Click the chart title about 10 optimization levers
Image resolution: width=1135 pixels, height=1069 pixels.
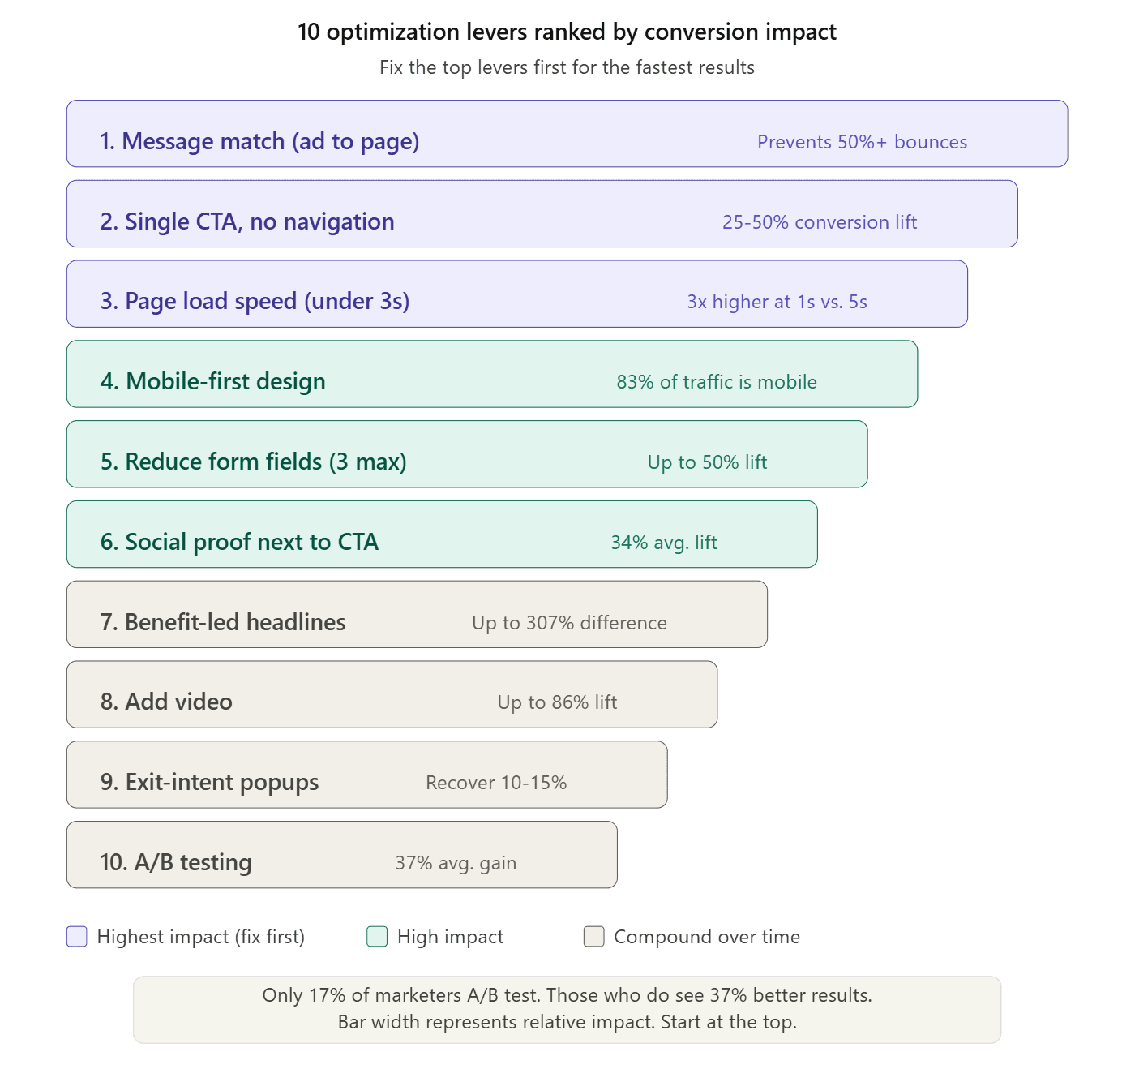pos(567,32)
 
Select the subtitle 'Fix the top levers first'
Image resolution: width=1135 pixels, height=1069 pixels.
pos(567,67)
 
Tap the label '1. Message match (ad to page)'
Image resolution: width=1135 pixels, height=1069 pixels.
pos(259,141)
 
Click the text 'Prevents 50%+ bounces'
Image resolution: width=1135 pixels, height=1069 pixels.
pos(862,142)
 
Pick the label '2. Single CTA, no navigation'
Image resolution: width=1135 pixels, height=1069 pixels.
pos(247,221)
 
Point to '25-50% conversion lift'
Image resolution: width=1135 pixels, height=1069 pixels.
pos(820,222)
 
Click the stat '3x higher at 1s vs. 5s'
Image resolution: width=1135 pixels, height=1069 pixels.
pos(777,302)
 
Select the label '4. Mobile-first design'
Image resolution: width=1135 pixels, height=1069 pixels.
pos(213,381)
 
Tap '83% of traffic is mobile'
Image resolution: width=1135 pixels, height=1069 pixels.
pos(717,382)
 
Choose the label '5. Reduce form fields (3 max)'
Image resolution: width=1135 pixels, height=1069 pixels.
pos(254,462)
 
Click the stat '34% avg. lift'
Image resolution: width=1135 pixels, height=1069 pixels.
pos(664,543)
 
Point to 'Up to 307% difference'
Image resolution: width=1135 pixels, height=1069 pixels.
pos(569,623)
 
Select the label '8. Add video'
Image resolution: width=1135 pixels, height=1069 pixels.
pos(166,702)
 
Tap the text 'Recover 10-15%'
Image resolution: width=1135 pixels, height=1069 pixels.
pos(496,783)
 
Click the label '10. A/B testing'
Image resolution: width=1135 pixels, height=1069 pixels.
pos(176,862)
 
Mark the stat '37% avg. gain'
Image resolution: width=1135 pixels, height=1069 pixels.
pos(456,863)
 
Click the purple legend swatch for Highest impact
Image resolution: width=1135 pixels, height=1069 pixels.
pos(77,937)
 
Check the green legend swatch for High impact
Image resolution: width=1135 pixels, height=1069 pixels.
pos(377,937)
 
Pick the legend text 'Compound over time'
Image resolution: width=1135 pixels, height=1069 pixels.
pos(706,937)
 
